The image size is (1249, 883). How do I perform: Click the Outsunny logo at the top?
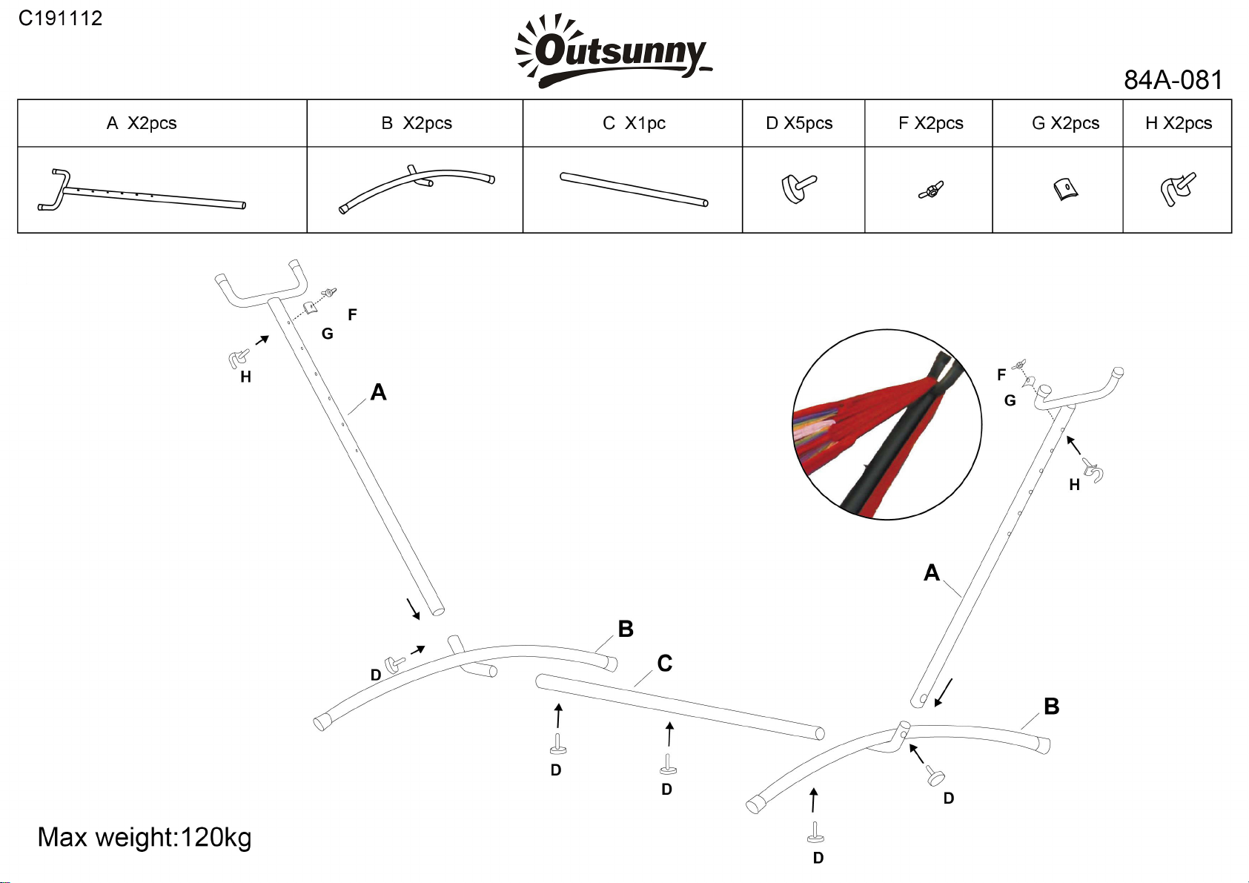tap(613, 51)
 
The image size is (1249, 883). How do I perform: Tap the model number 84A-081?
tap(1173, 80)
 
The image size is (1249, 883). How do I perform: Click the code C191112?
tap(60, 19)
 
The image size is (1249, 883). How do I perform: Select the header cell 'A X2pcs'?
tap(142, 123)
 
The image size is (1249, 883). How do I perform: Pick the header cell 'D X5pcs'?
tap(799, 123)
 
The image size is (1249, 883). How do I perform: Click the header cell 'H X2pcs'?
tap(1178, 123)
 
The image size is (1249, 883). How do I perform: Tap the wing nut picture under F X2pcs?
tap(931, 191)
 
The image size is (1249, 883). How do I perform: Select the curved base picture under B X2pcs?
tap(416, 190)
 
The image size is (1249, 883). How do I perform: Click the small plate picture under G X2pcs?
tap(1065, 189)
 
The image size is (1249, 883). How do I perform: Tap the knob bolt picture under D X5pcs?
tap(798, 189)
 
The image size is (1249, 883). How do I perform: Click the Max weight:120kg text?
tap(145, 838)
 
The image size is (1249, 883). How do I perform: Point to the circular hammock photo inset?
tap(887, 425)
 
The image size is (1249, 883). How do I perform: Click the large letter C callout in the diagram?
tap(665, 664)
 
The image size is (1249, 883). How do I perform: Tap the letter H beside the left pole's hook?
tap(246, 377)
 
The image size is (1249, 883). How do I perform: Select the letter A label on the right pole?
tap(931, 573)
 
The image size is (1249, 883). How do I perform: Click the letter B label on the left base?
tap(626, 629)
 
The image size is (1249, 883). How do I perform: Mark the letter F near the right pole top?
tap(1001, 375)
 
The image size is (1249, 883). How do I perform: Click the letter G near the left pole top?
tap(328, 334)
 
